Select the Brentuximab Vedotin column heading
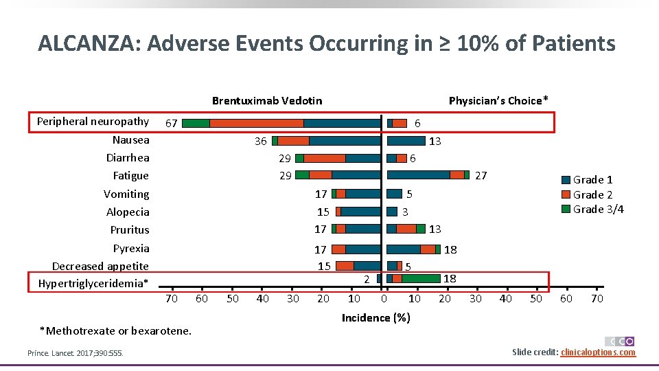[266, 101]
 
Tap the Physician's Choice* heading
[498, 101]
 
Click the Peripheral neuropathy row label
[93, 122]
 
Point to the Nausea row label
[130, 140]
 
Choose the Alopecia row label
[128, 212]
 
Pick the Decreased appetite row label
[100, 267]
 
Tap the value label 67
[172, 124]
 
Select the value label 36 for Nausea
[260, 142]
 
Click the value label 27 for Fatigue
[481, 176]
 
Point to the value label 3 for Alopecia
[406, 212]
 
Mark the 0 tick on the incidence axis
[384, 299]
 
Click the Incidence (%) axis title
[375, 318]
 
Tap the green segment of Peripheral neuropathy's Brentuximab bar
[196, 123]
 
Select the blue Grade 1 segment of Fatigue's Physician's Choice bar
[418, 175]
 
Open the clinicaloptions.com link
[598, 352]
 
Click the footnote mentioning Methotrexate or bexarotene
[115, 331]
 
